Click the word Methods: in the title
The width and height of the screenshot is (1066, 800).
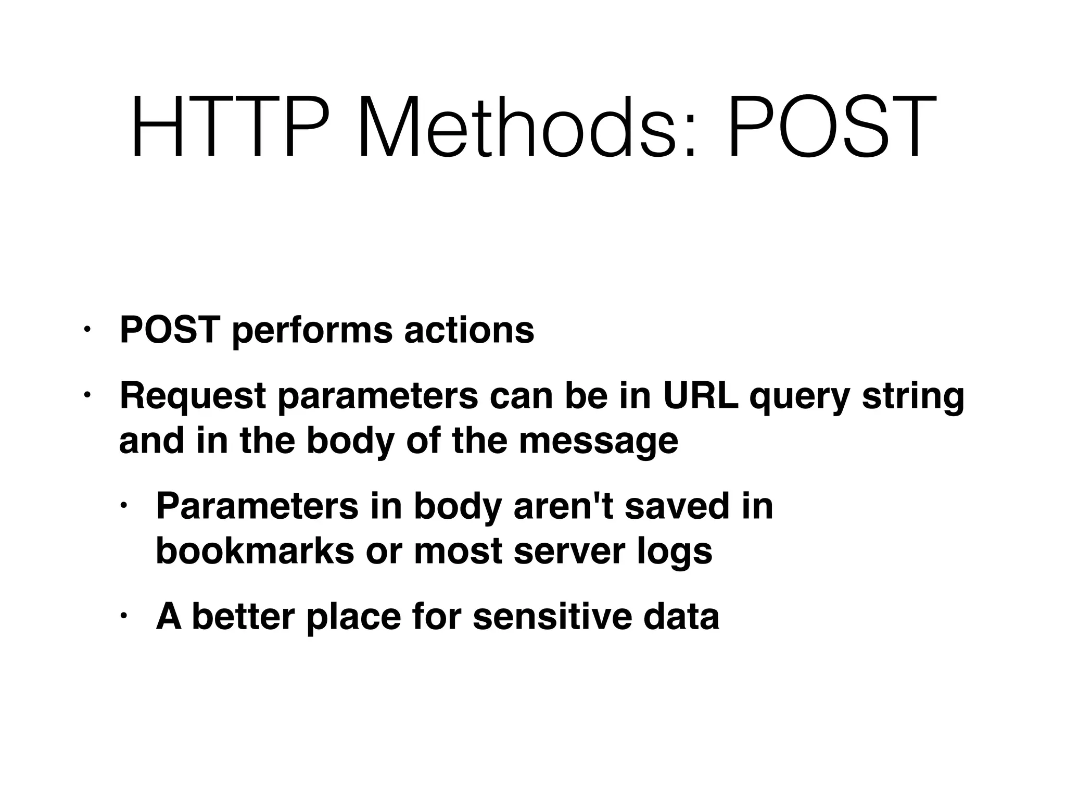click(x=526, y=127)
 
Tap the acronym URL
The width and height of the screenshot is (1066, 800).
click(x=700, y=396)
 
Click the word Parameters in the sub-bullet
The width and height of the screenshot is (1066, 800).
click(x=257, y=506)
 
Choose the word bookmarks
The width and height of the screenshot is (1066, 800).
click(x=255, y=551)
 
